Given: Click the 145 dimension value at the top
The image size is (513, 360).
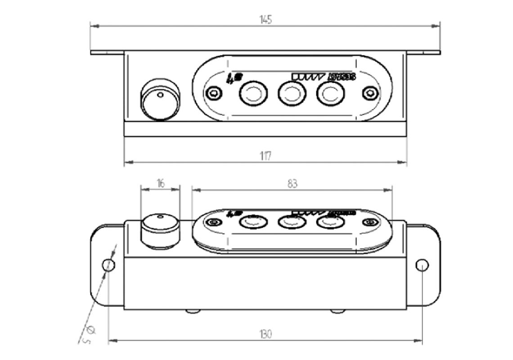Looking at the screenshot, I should (265, 20).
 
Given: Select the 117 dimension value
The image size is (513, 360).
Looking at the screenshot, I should (265, 156).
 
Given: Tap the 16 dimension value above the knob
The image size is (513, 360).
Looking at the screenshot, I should (161, 183).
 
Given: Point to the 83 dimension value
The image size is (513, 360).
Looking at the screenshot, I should (292, 184).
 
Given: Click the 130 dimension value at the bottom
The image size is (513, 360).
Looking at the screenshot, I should (265, 334).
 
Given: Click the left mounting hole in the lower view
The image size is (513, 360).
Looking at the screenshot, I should (108, 265).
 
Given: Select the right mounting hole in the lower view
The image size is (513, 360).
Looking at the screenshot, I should (422, 265).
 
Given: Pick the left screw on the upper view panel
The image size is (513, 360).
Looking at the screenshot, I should (213, 93).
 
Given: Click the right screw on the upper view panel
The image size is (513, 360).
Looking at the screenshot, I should (369, 93).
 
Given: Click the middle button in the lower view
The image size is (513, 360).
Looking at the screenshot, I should (292, 221).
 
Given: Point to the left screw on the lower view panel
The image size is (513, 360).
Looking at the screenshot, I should (213, 222).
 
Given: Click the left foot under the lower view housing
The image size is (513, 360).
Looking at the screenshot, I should (193, 311).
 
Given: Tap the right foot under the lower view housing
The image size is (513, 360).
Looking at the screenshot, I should (336, 311).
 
